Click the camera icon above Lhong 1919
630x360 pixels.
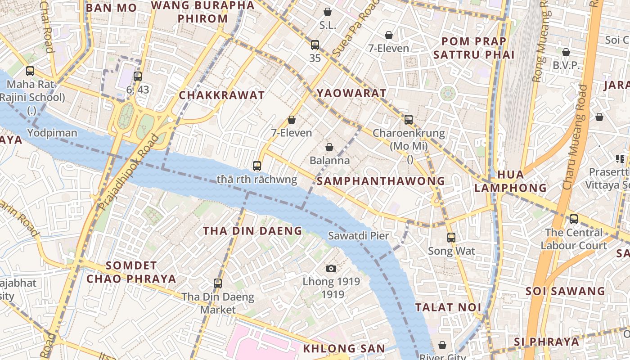click(331, 269)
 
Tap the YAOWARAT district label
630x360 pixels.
click(351, 93)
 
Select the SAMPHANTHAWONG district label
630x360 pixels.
click(381, 181)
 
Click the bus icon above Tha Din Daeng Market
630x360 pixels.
click(218, 283)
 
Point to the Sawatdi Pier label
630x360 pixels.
click(358, 235)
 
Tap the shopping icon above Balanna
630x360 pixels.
click(329, 147)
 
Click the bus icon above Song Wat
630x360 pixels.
click(451, 238)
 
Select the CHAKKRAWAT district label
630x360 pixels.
click(222, 95)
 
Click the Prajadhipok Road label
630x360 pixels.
click(129, 172)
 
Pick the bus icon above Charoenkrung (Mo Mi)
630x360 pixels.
click(409, 120)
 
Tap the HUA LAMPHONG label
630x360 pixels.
click(510, 181)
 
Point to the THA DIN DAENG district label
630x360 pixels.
click(252, 231)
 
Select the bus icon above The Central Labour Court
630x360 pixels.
click(574, 219)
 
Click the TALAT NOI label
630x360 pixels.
click(448, 307)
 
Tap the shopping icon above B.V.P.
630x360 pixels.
click(566, 53)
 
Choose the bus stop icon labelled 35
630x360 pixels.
click(315, 45)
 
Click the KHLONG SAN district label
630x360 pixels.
click(344, 348)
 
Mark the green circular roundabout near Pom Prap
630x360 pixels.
click(448, 94)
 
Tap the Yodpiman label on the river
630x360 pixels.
click(52, 133)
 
